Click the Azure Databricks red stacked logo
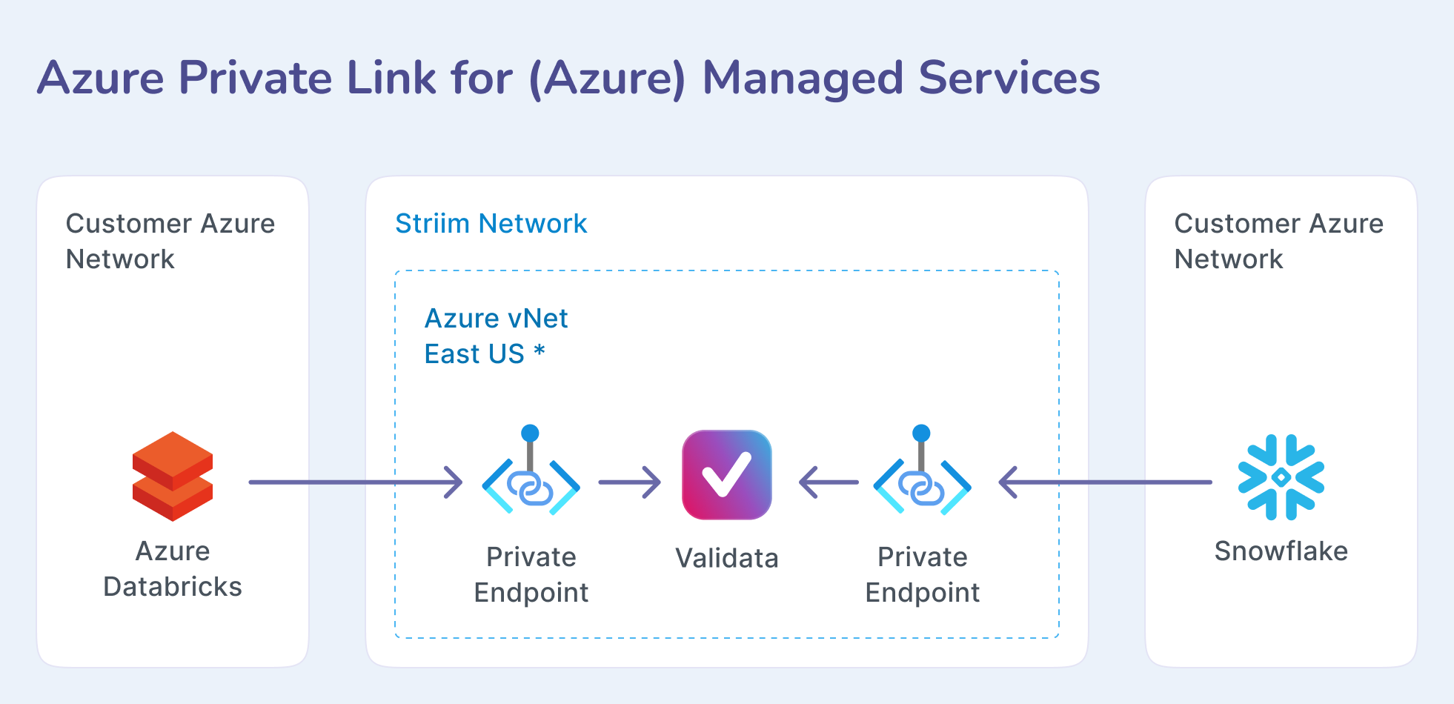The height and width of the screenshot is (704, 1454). pos(173,476)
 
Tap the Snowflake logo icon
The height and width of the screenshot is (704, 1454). pos(1281,477)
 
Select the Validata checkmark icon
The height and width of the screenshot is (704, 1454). pos(726,475)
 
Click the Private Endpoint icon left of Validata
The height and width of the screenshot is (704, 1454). pos(531,485)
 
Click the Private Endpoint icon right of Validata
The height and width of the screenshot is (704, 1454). pos(922,485)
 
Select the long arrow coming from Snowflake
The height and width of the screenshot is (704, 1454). pos(1104,482)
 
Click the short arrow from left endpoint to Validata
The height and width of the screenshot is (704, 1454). pos(629,482)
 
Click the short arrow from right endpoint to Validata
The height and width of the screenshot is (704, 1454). pos(829,482)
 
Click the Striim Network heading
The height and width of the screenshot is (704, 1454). pos(491,224)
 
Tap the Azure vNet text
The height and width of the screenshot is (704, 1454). pos(496,319)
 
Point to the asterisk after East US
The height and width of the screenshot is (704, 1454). pos(540,352)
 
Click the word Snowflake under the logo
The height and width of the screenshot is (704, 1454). pos(1281,551)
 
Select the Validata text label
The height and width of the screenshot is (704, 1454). pos(726,558)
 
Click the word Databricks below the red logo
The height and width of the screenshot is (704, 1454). pos(173,587)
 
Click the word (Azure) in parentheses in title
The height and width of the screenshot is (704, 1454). pos(608,79)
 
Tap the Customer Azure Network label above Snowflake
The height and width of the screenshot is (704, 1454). pos(1278,241)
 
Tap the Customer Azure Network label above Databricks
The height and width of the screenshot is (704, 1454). pos(170,241)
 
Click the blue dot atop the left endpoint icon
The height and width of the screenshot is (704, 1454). pos(530,433)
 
